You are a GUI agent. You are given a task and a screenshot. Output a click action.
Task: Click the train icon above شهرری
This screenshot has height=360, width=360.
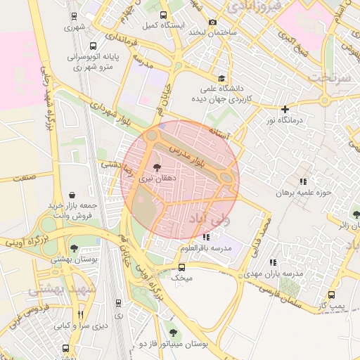75,15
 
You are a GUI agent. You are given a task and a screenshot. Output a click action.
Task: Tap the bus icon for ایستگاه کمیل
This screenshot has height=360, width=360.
163,15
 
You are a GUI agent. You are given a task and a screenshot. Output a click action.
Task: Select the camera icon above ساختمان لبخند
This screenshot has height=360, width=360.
212,22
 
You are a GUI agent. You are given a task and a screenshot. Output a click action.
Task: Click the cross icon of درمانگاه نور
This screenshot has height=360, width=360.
285,109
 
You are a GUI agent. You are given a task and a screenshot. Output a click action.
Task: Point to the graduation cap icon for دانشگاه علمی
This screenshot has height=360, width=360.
222,78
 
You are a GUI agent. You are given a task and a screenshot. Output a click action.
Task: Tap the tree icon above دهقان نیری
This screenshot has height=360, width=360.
156,168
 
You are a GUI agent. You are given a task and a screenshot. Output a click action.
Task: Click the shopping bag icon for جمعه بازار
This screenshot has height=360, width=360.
73,194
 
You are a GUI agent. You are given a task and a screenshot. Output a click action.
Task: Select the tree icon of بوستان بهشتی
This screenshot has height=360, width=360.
74,247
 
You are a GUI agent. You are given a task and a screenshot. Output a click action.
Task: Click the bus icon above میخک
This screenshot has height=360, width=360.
181,268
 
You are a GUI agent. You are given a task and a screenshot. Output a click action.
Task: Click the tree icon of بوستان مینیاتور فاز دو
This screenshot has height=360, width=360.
173,333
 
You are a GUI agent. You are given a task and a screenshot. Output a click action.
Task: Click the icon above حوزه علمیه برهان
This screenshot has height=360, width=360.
303,181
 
